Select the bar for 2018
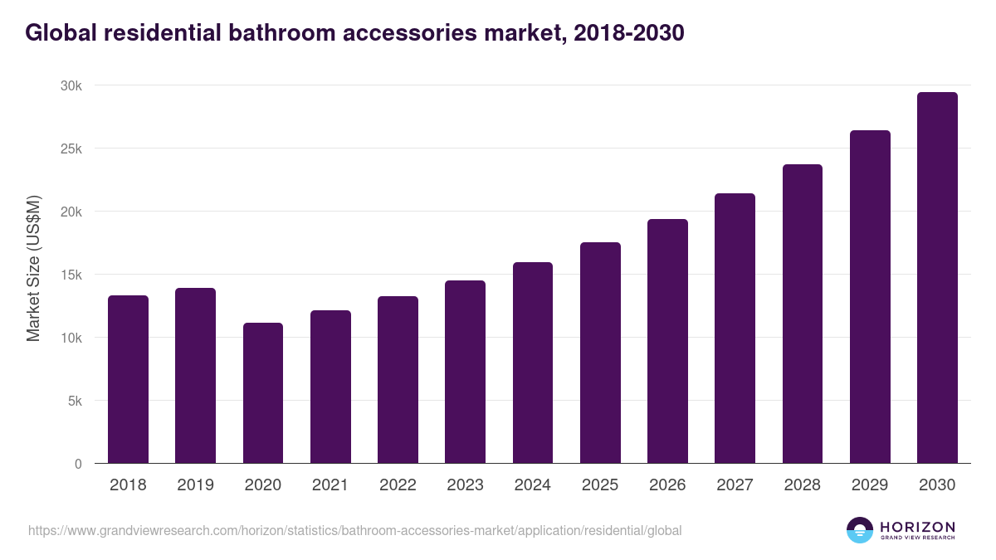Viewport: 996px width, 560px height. coord(128,379)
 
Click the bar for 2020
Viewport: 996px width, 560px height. coord(263,393)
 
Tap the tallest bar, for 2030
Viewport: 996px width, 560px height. coord(937,278)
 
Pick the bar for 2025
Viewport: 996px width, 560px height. coord(600,353)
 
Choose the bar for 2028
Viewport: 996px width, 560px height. coord(803,314)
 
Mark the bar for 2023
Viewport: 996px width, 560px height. coord(465,372)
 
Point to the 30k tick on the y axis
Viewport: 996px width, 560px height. coord(71,86)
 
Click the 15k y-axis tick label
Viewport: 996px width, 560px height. coord(71,275)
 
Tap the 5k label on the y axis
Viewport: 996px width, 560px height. coord(75,401)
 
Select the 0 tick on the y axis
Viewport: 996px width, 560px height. coord(78,464)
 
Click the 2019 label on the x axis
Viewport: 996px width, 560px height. coord(195,485)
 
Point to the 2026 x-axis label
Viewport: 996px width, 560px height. coord(667,485)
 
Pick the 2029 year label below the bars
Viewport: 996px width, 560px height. coord(870,485)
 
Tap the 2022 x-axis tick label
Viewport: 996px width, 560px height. coord(398,485)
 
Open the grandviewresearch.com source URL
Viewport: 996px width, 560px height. coord(354,530)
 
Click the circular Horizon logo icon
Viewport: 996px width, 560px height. coord(860,530)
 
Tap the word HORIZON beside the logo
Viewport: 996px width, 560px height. coord(917,527)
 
